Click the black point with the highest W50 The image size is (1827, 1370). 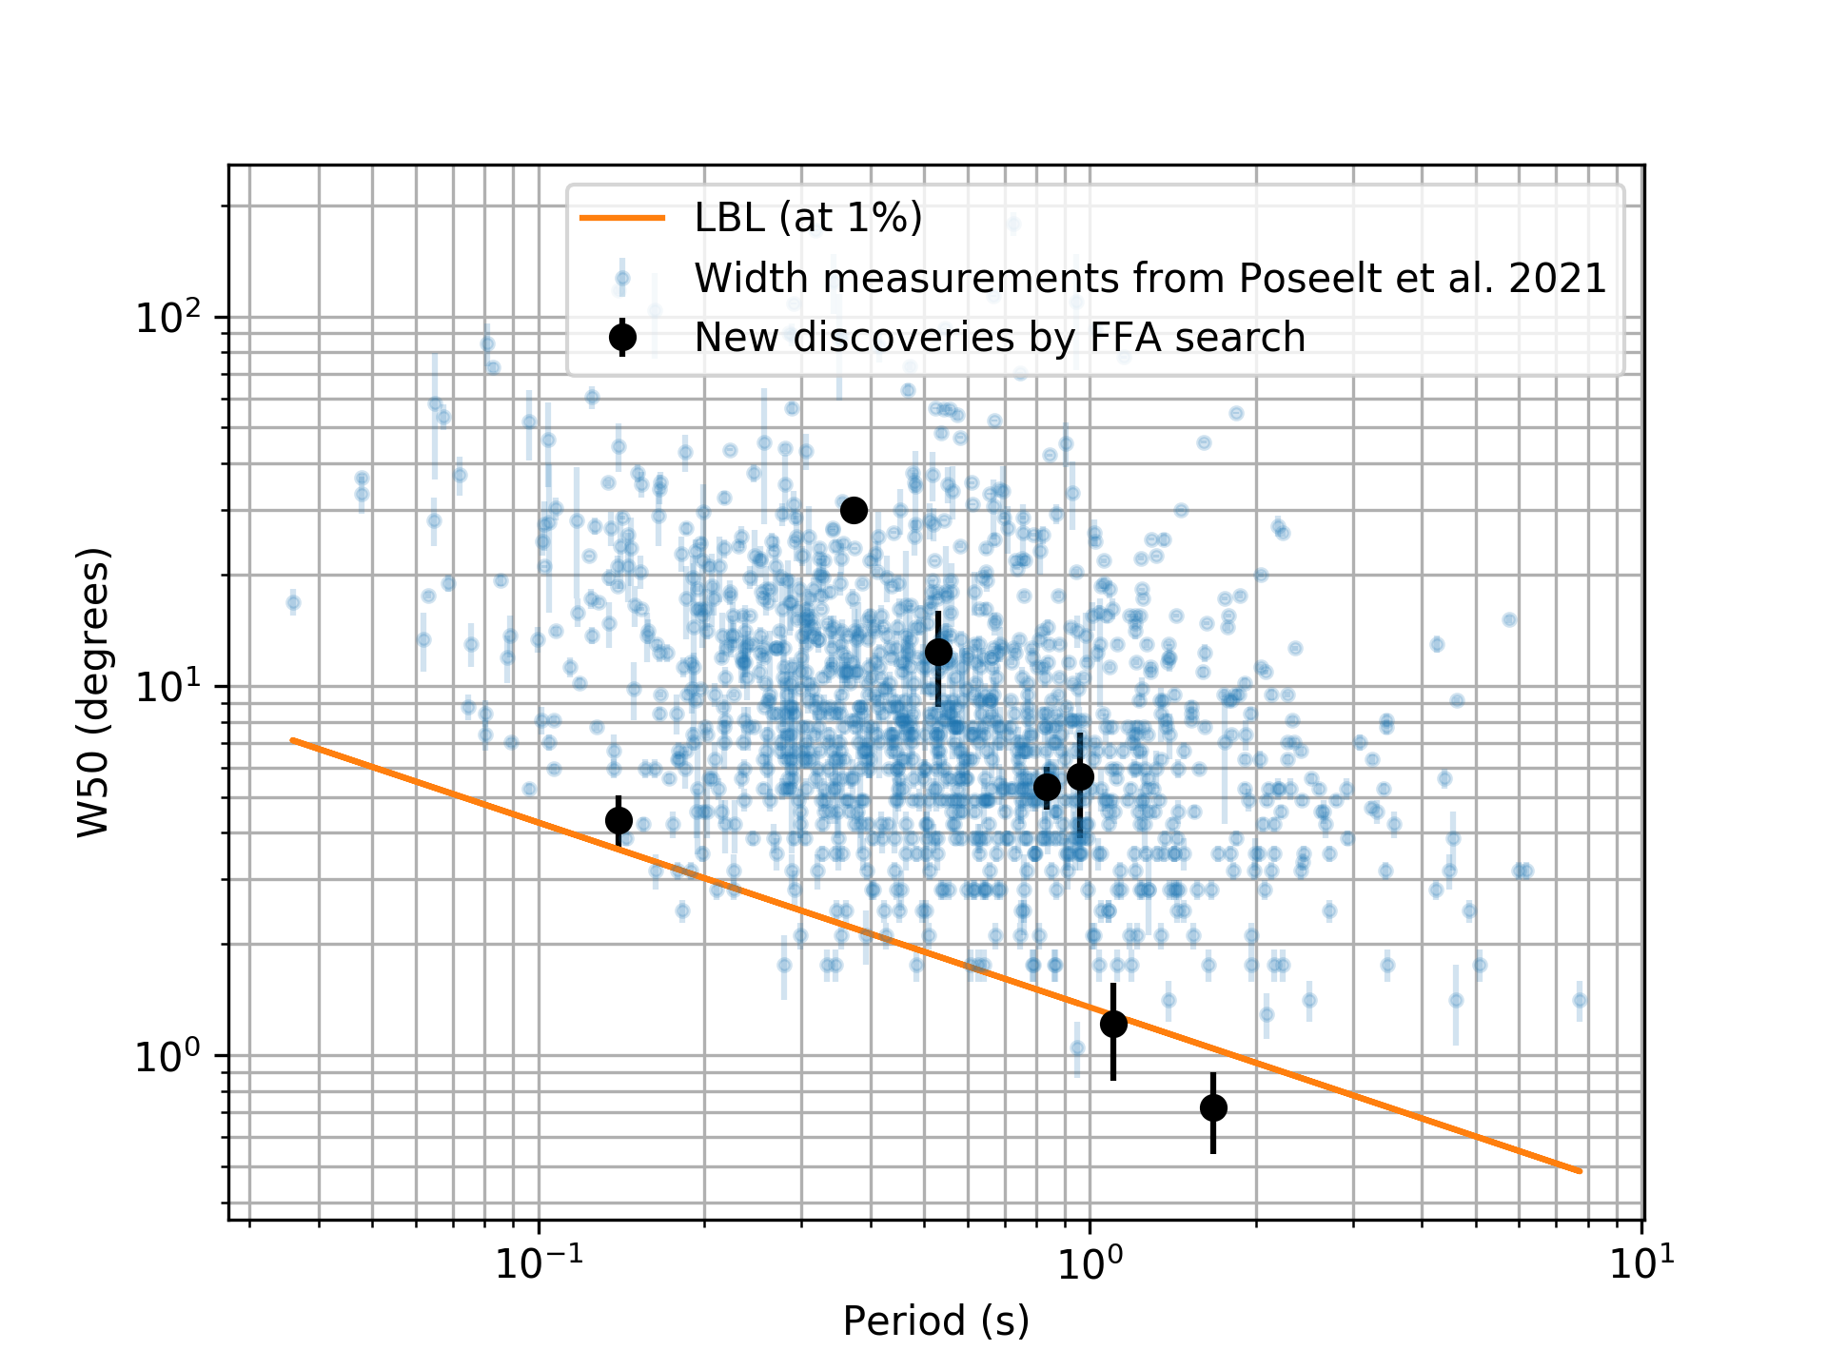tap(854, 510)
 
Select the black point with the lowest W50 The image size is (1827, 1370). tap(1213, 1107)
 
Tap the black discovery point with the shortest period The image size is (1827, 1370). tap(619, 820)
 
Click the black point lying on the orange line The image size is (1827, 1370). tap(1113, 1024)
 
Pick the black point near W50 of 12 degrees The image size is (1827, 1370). tap(938, 652)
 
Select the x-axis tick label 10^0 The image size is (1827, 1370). tap(1090, 1262)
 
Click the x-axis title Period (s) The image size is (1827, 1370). tap(936, 1321)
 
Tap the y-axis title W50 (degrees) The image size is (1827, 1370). tap(93, 692)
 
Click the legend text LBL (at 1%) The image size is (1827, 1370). tap(808, 218)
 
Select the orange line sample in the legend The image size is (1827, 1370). tap(622, 218)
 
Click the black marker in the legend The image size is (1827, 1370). tap(622, 337)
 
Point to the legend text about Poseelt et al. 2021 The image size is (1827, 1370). tap(1149, 278)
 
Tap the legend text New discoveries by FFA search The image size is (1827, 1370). tap(999, 338)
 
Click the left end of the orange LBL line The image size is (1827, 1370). tap(292, 740)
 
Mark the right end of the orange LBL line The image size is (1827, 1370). tap(1581, 1171)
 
